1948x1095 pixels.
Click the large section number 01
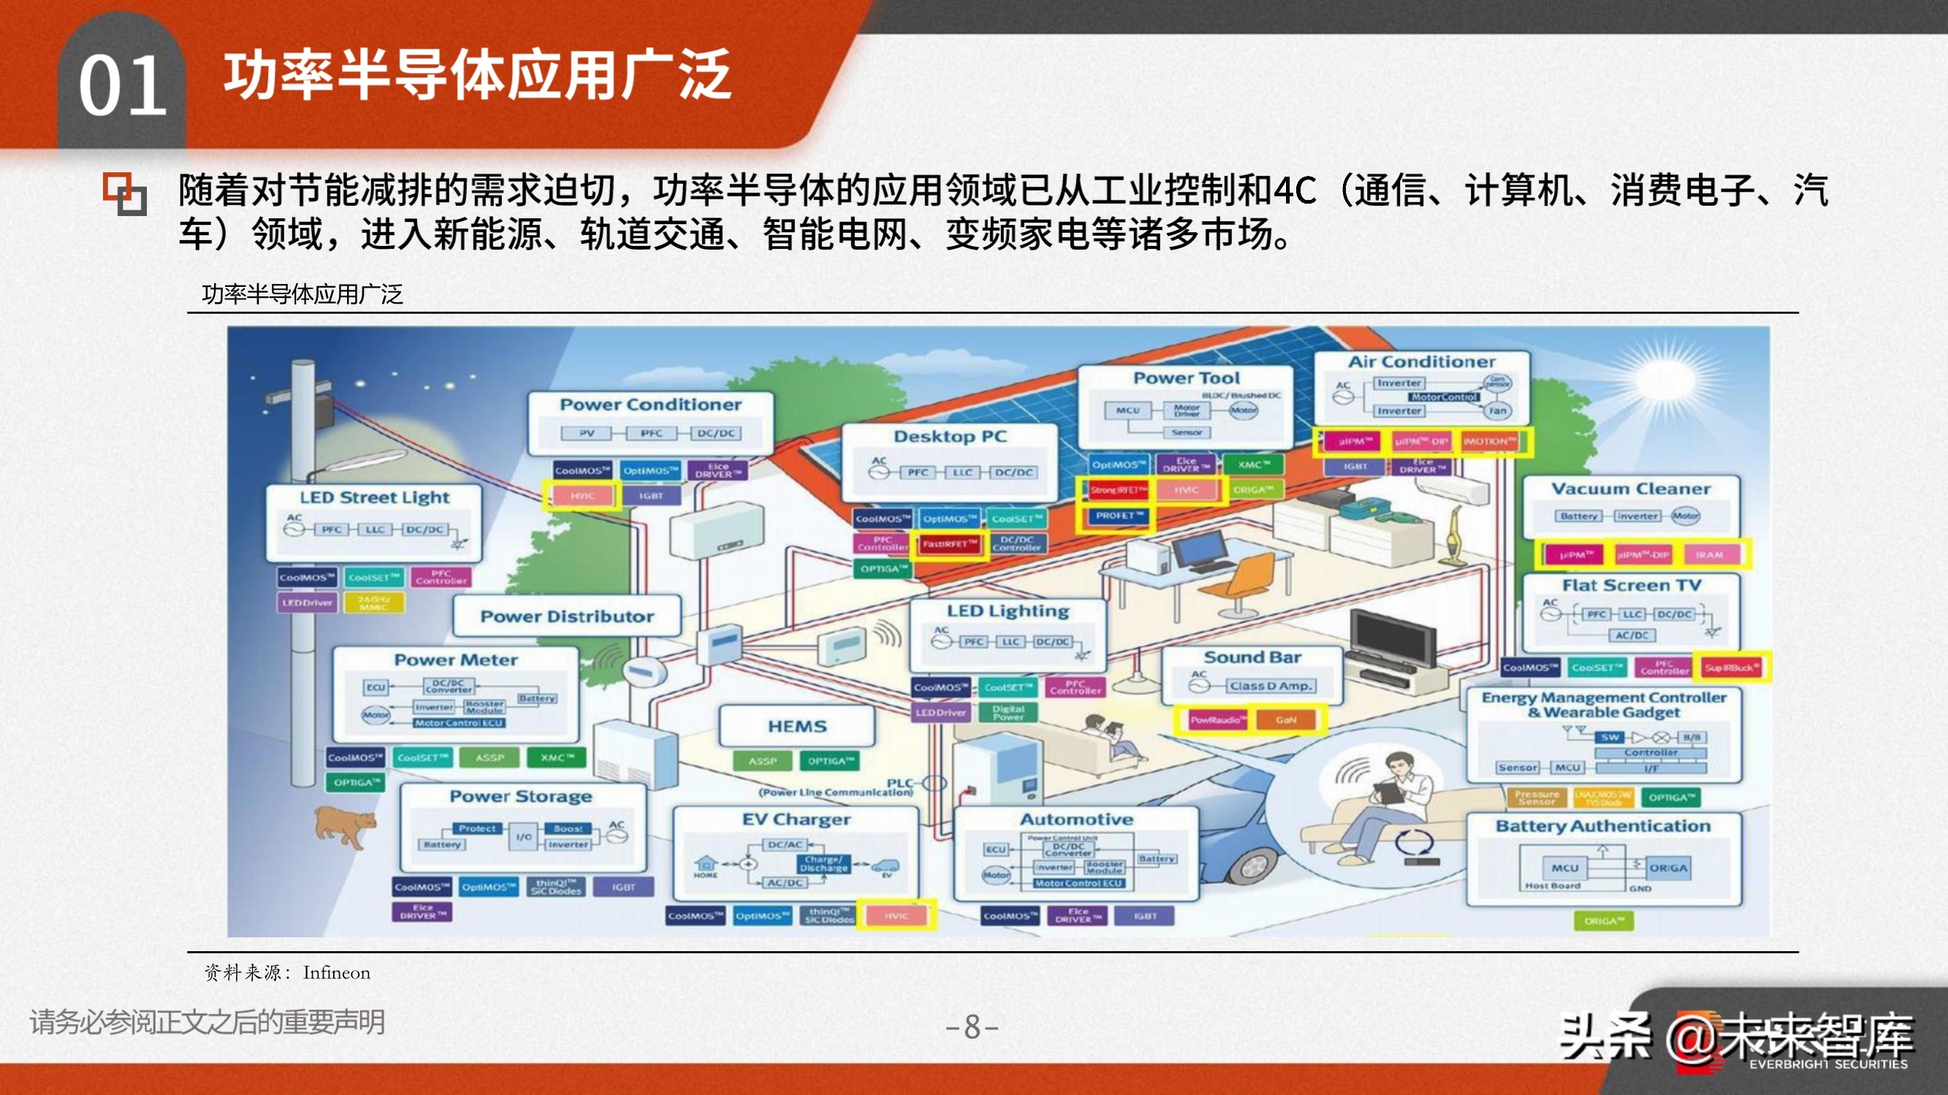click(x=123, y=86)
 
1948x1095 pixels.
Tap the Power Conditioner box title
click(x=650, y=404)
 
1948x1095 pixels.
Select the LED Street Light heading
click(x=374, y=497)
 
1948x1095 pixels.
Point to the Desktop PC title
click(x=950, y=436)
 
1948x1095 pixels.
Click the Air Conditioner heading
click(x=1421, y=362)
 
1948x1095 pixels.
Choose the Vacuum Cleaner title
click(x=1630, y=489)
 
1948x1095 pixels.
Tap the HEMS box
click(x=797, y=726)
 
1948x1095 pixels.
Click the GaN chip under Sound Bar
click(x=1285, y=721)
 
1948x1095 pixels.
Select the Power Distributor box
click(x=567, y=617)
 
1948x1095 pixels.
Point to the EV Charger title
click(x=796, y=819)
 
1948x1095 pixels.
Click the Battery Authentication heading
click(x=1602, y=826)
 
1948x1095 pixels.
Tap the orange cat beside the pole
click(x=345, y=826)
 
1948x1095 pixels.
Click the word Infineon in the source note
click(x=337, y=972)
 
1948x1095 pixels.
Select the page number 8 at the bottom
click(x=973, y=1027)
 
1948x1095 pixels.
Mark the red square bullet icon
click(x=124, y=193)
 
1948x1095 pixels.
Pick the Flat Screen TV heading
click(x=1631, y=585)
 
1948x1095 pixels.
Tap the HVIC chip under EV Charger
click(x=897, y=916)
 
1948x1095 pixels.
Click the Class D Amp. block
click(x=1271, y=686)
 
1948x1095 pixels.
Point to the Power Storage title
click(x=521, y=796)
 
